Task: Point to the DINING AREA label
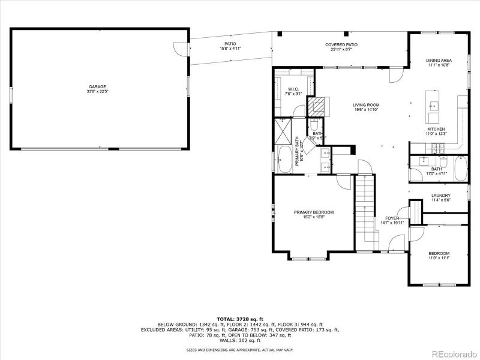click(x=439, y=61)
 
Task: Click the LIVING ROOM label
click(x=366, y=105)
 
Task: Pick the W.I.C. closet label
click(x=293, y=89)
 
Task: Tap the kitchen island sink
click(x=433, y=106)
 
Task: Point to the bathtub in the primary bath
click(x=285, y=158)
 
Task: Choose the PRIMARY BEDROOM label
click(x=313, y=212)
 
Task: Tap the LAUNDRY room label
click(x=440, y=196)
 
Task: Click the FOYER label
click(x=392, y=218)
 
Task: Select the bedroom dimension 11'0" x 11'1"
click(x=439, y=259)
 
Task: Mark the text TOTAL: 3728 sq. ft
click(x=240, y=319)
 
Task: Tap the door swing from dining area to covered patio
click(x=395, y=74)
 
